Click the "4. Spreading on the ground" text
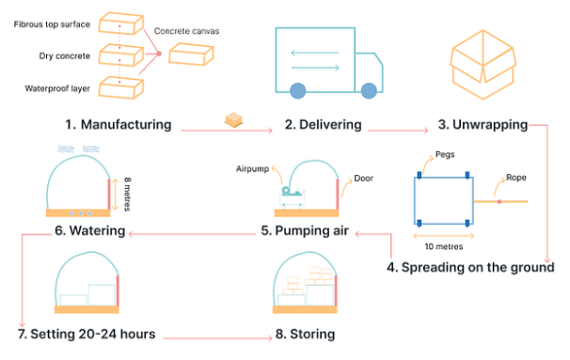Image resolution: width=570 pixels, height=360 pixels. tap(470, 267)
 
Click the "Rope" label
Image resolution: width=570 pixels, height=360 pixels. tap(515, 176)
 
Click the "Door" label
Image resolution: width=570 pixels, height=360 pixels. tap(363, 177)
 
